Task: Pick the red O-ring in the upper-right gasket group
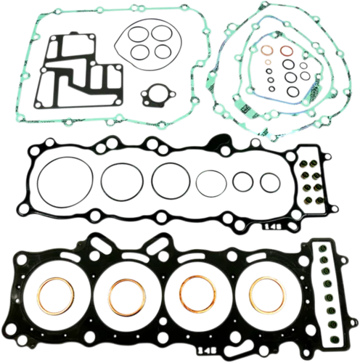[287, 52]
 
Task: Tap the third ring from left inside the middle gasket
[170, 179]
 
